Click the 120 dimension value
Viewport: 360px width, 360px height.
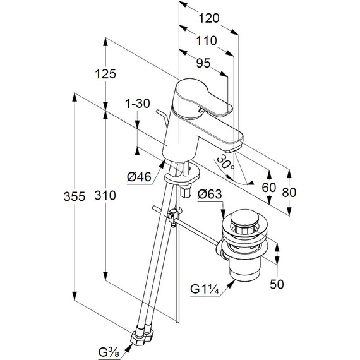208,18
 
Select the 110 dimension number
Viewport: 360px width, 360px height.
206,40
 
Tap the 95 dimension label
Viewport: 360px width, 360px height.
203,63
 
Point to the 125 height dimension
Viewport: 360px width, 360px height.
105,74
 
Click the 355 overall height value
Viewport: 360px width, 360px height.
75,196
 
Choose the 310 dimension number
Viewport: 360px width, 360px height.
105,195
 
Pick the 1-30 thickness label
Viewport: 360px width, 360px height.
137,104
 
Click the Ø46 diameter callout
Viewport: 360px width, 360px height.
139,177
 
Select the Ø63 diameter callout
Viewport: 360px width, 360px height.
210,195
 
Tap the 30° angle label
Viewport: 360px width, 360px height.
225,162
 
